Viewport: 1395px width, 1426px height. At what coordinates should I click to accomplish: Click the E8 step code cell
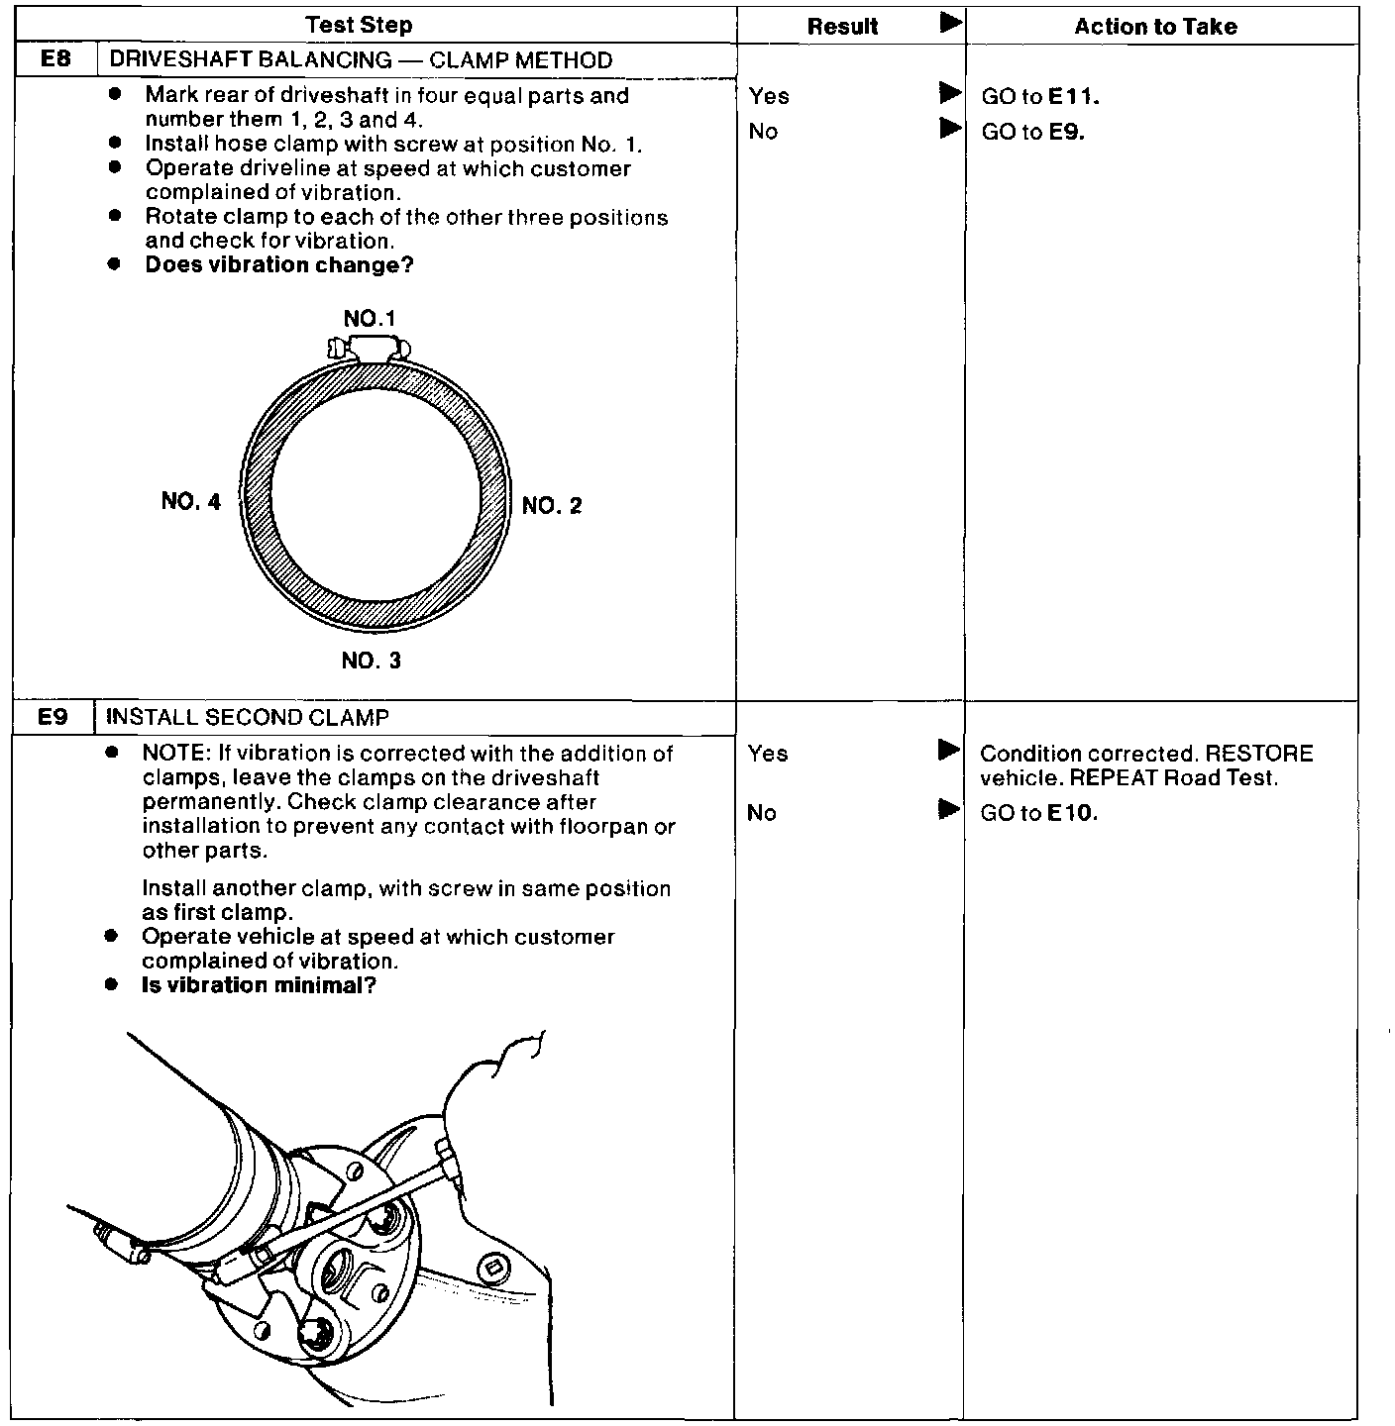[x=55, y=59]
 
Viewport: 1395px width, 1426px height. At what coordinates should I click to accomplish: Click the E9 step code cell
[x=54, y=717]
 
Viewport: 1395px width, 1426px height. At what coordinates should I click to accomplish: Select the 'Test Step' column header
[x=359, y=26]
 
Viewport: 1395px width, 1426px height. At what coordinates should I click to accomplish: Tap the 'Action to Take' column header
[x=1155, y=27]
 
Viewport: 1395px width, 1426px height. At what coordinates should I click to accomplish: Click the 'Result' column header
[x=842, y=27]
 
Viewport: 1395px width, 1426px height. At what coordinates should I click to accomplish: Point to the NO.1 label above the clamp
[x=370, y=319]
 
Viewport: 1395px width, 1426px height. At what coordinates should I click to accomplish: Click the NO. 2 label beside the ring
[x=552, y=506]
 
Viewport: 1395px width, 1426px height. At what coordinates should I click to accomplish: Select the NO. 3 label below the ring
[x=372, y=661]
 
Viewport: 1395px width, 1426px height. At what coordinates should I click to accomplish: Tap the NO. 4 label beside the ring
[x=191, y=501]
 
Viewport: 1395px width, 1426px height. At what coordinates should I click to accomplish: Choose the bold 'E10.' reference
[x=1072, y=814]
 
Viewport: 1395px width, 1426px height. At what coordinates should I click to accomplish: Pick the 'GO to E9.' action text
[x=1032, y=132]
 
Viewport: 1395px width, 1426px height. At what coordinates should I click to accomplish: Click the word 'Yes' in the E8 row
[x=769, y=96]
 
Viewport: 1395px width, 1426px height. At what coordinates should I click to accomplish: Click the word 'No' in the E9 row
[x=762, y=813]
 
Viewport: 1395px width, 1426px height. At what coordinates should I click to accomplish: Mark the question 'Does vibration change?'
[x=278, y=265]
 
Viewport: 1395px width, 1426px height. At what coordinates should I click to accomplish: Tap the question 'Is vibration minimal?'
[x=259, y=985]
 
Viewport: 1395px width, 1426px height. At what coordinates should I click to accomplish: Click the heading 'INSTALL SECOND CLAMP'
[x=247, y=717]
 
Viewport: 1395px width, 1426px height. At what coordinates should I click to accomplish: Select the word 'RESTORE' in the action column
[x=1259, y=754]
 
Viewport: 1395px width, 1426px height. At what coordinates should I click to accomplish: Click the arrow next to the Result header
[x=950, y=22]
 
